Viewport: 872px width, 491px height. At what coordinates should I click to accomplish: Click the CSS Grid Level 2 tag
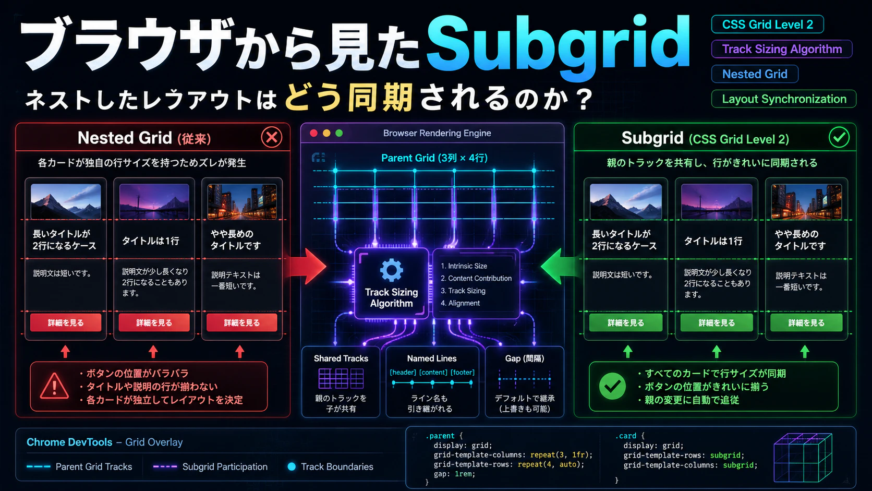click(767, 25)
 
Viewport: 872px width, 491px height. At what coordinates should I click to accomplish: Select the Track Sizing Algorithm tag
click(782, 49)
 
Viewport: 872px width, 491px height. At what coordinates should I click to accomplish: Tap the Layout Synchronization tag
click(784, 99)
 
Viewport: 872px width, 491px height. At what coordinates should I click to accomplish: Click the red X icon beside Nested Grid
click(271, 137)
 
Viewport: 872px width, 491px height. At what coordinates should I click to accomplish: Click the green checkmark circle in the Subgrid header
click(839, 137)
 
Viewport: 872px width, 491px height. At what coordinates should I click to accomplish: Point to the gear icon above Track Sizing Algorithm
click(391, 270)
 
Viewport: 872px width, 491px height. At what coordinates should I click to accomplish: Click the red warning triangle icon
click(54, 386)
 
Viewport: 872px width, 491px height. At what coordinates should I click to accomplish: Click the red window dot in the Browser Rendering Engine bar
click(313, 133)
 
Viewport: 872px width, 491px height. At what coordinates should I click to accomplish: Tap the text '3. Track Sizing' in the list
click(463, 291)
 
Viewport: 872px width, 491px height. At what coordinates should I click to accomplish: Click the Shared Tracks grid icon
click(341, 378)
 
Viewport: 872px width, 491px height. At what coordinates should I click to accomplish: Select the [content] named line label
click(433, 372)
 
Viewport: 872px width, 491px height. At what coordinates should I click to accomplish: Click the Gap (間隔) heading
click(524, 358)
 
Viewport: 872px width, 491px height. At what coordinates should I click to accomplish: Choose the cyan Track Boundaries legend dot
click(291, 466)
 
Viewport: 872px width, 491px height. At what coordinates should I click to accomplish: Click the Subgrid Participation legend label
click(225, 466)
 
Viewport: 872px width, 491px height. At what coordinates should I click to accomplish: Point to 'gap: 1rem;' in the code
click(454, 474)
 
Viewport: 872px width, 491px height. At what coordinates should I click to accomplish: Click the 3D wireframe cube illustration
click(803, 458)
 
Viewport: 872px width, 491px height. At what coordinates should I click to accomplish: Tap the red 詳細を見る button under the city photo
click(241, 323)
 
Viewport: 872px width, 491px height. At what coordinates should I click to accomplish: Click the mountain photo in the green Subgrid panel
click(626, 202)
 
